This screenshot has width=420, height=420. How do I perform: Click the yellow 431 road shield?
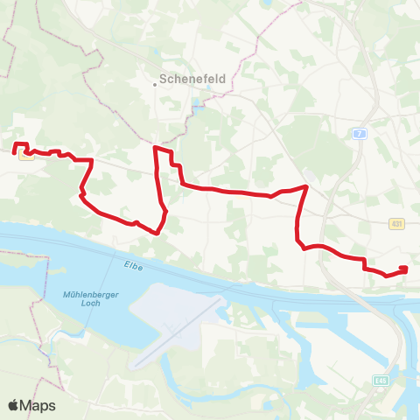pyautogui.click(x=397, y=225)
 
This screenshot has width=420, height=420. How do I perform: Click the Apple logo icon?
pyautogui.click(x=15, y=405)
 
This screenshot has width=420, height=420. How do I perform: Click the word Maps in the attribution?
pyautogui.click(x=39, y=405)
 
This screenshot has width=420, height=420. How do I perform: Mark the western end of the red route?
pyautogui.click(x=15, y=150)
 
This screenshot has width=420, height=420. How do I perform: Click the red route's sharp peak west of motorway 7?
pyautogui.click(x=305, y=186)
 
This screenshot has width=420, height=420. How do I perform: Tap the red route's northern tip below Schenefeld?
pyautogui.click(x=156, y=149)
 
